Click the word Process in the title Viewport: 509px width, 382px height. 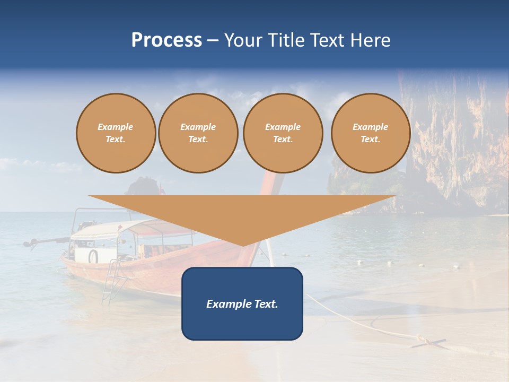coord(166,40)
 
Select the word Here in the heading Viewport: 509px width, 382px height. coord(370,40)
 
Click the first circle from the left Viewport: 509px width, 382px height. coord(116,133)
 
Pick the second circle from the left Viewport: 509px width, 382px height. coord(198,133)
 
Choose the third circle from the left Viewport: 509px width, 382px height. coord(283,133)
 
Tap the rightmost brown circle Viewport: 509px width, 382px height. coord(371,133)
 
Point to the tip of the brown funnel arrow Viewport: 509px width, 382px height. coord(243,244)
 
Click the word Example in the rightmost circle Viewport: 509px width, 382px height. coord(370,127)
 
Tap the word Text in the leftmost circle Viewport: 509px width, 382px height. coord(115,140)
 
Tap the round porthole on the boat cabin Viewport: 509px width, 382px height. coord(93,256)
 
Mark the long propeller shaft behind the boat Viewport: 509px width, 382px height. coord(45,241)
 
